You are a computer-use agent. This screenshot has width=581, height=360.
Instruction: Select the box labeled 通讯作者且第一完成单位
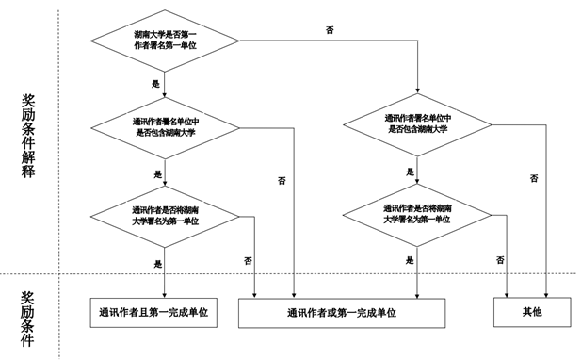pos(153,311)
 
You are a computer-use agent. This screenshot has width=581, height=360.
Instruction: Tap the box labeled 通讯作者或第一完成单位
pos(340,312)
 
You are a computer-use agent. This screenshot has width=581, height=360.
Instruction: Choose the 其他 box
pos(532,311)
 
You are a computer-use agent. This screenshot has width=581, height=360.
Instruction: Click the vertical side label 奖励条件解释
pos(29,136)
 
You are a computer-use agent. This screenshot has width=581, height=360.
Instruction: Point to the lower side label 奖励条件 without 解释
pos(29,318)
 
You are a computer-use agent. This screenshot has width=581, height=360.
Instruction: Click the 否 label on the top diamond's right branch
pos(330,31)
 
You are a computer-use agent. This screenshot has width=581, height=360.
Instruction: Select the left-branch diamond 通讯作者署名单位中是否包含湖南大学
pos(165,126)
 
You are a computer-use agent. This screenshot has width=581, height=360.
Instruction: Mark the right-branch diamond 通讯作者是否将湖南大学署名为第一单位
pos(416,213)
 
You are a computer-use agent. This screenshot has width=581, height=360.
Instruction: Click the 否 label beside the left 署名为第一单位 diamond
pos(248,259)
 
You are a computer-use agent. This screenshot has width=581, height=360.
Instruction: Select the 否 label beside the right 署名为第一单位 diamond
pos(500,259)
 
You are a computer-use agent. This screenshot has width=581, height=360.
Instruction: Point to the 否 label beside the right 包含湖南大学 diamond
pos(534,178)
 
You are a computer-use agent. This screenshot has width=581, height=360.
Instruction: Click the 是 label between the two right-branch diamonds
pos(410,172)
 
